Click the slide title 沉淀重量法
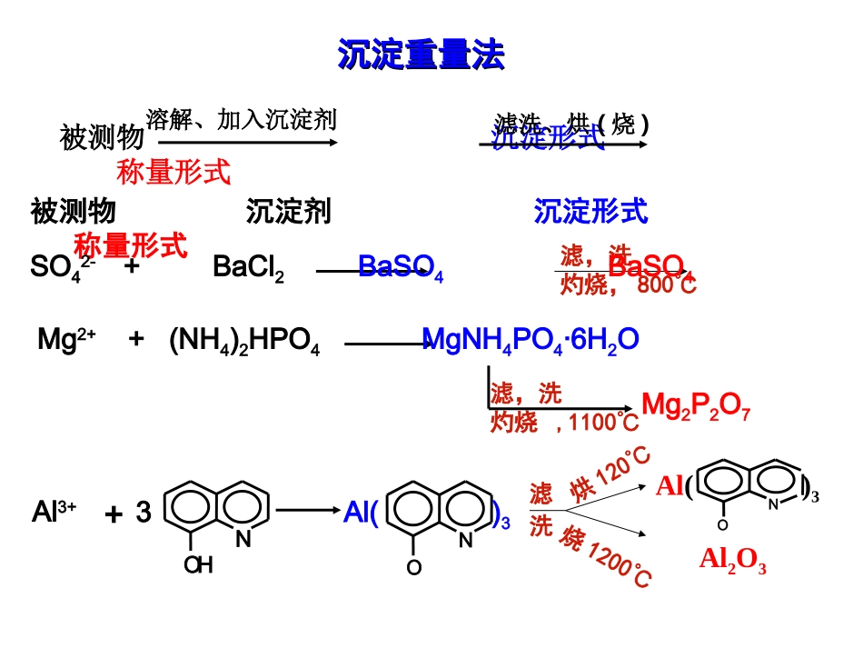point(421,55)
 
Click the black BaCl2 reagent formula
point(248,267)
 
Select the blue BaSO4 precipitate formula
point(401,267)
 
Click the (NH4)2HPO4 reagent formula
point(244,342)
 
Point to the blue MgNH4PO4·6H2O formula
point(531,340)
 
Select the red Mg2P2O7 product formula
point(696,404)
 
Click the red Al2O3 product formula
point(732,560)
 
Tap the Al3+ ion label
point(54,513)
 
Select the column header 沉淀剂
point(288,212)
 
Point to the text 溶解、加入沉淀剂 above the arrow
point(241,119)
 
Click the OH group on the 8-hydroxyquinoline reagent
point(197,565)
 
